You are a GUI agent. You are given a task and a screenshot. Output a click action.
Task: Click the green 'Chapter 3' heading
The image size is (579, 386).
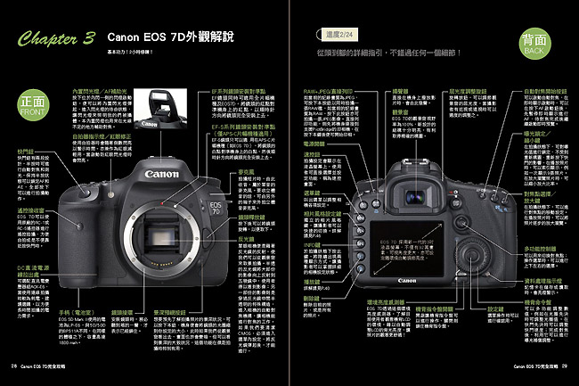coord(55,41)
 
